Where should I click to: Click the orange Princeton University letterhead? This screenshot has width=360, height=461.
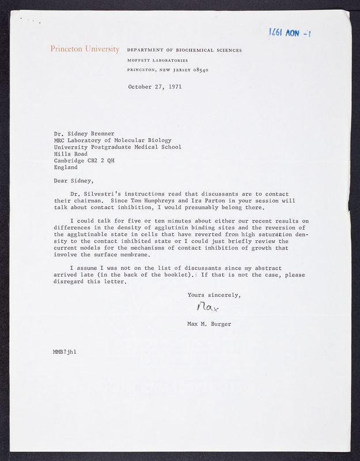click(x=85, y=49)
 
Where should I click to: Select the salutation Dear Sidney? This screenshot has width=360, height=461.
click(x=74, y=180)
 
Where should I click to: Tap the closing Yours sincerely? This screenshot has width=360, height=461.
click(x=214, y=295)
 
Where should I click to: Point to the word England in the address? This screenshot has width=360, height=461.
click(x=66, y=167)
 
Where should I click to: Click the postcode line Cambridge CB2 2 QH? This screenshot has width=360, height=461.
click(x=84, y=160)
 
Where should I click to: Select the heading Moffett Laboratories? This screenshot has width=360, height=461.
click(x=157, y=61)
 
